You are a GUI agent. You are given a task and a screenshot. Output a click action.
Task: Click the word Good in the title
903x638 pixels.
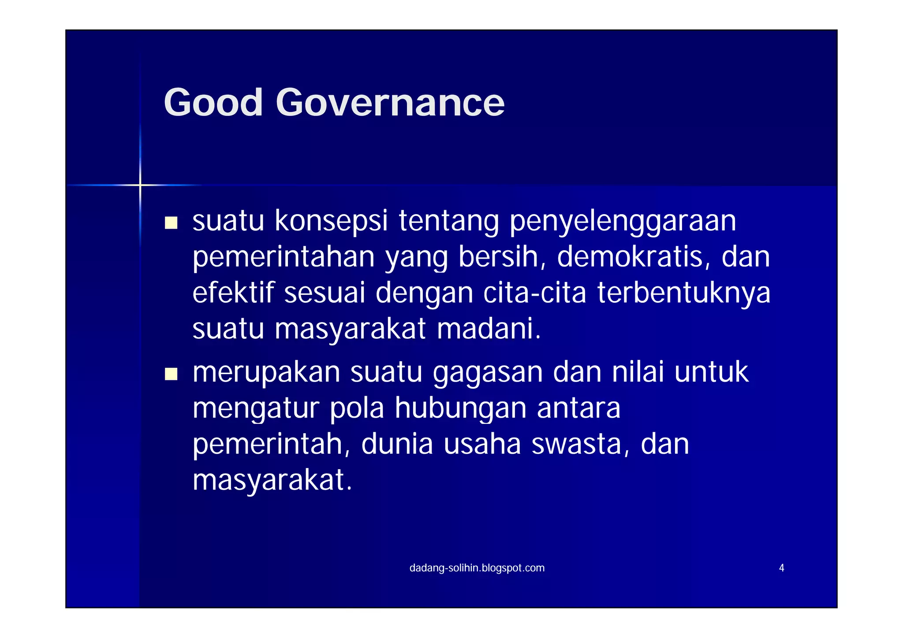coord(213,102)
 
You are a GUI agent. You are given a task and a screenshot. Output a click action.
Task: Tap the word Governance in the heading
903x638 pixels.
coord(390,102)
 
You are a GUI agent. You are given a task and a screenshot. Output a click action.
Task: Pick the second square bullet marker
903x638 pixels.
coord(171,374)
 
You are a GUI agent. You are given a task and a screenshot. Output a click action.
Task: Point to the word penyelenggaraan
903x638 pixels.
coord(623,221)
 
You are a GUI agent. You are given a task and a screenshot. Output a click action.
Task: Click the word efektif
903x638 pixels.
coord(233,293)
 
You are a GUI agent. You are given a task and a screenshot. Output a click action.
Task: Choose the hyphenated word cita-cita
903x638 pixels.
coord(534,293)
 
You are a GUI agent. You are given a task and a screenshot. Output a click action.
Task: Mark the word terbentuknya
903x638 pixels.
coord(683,293)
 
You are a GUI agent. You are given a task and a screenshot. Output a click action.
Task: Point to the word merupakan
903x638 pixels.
coord(266,373)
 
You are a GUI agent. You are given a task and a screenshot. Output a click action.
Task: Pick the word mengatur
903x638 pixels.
coord(256,409)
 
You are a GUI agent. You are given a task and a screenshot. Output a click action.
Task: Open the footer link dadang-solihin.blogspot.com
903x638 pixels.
coord(477,568)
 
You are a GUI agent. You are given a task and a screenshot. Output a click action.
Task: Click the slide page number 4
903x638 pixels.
coord(781,568)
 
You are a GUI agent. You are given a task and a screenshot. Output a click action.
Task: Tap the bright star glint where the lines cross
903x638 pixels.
coord(140,185)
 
